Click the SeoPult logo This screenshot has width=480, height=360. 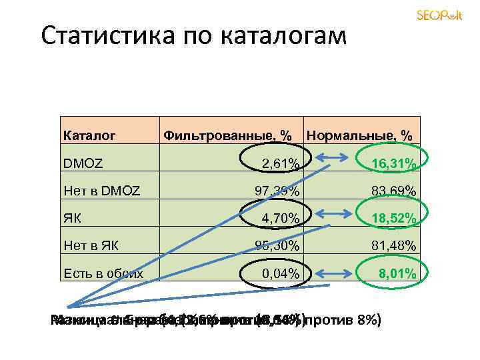coord(439,15)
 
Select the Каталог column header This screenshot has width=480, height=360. coord(89,136)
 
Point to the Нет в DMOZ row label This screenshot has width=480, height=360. coord(101,191)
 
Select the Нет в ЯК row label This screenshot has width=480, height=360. coord(91,246)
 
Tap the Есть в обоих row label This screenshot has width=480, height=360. coord(103,273)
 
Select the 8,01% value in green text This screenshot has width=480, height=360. coord(397,273)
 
